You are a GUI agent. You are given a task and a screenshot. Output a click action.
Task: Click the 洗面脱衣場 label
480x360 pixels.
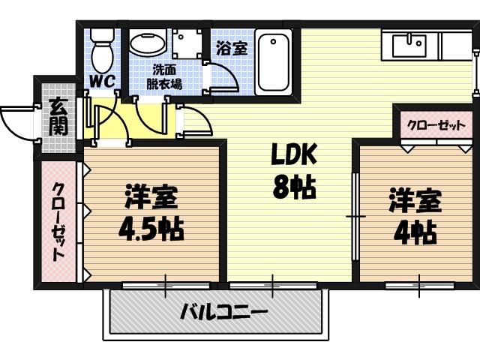click(x=163, y=77)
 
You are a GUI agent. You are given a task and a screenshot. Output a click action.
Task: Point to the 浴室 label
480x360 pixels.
click(x=231, y=49)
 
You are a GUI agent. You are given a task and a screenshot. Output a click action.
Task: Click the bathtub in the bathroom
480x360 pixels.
click(x=273, y=61)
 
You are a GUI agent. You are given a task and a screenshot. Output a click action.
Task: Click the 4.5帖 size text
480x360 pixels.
click(x=151, y=229)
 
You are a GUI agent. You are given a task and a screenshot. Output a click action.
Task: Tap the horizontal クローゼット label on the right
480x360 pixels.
click(x=436, y=125)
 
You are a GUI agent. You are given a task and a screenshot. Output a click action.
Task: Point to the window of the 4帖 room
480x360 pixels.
click(x=419, y=285)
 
